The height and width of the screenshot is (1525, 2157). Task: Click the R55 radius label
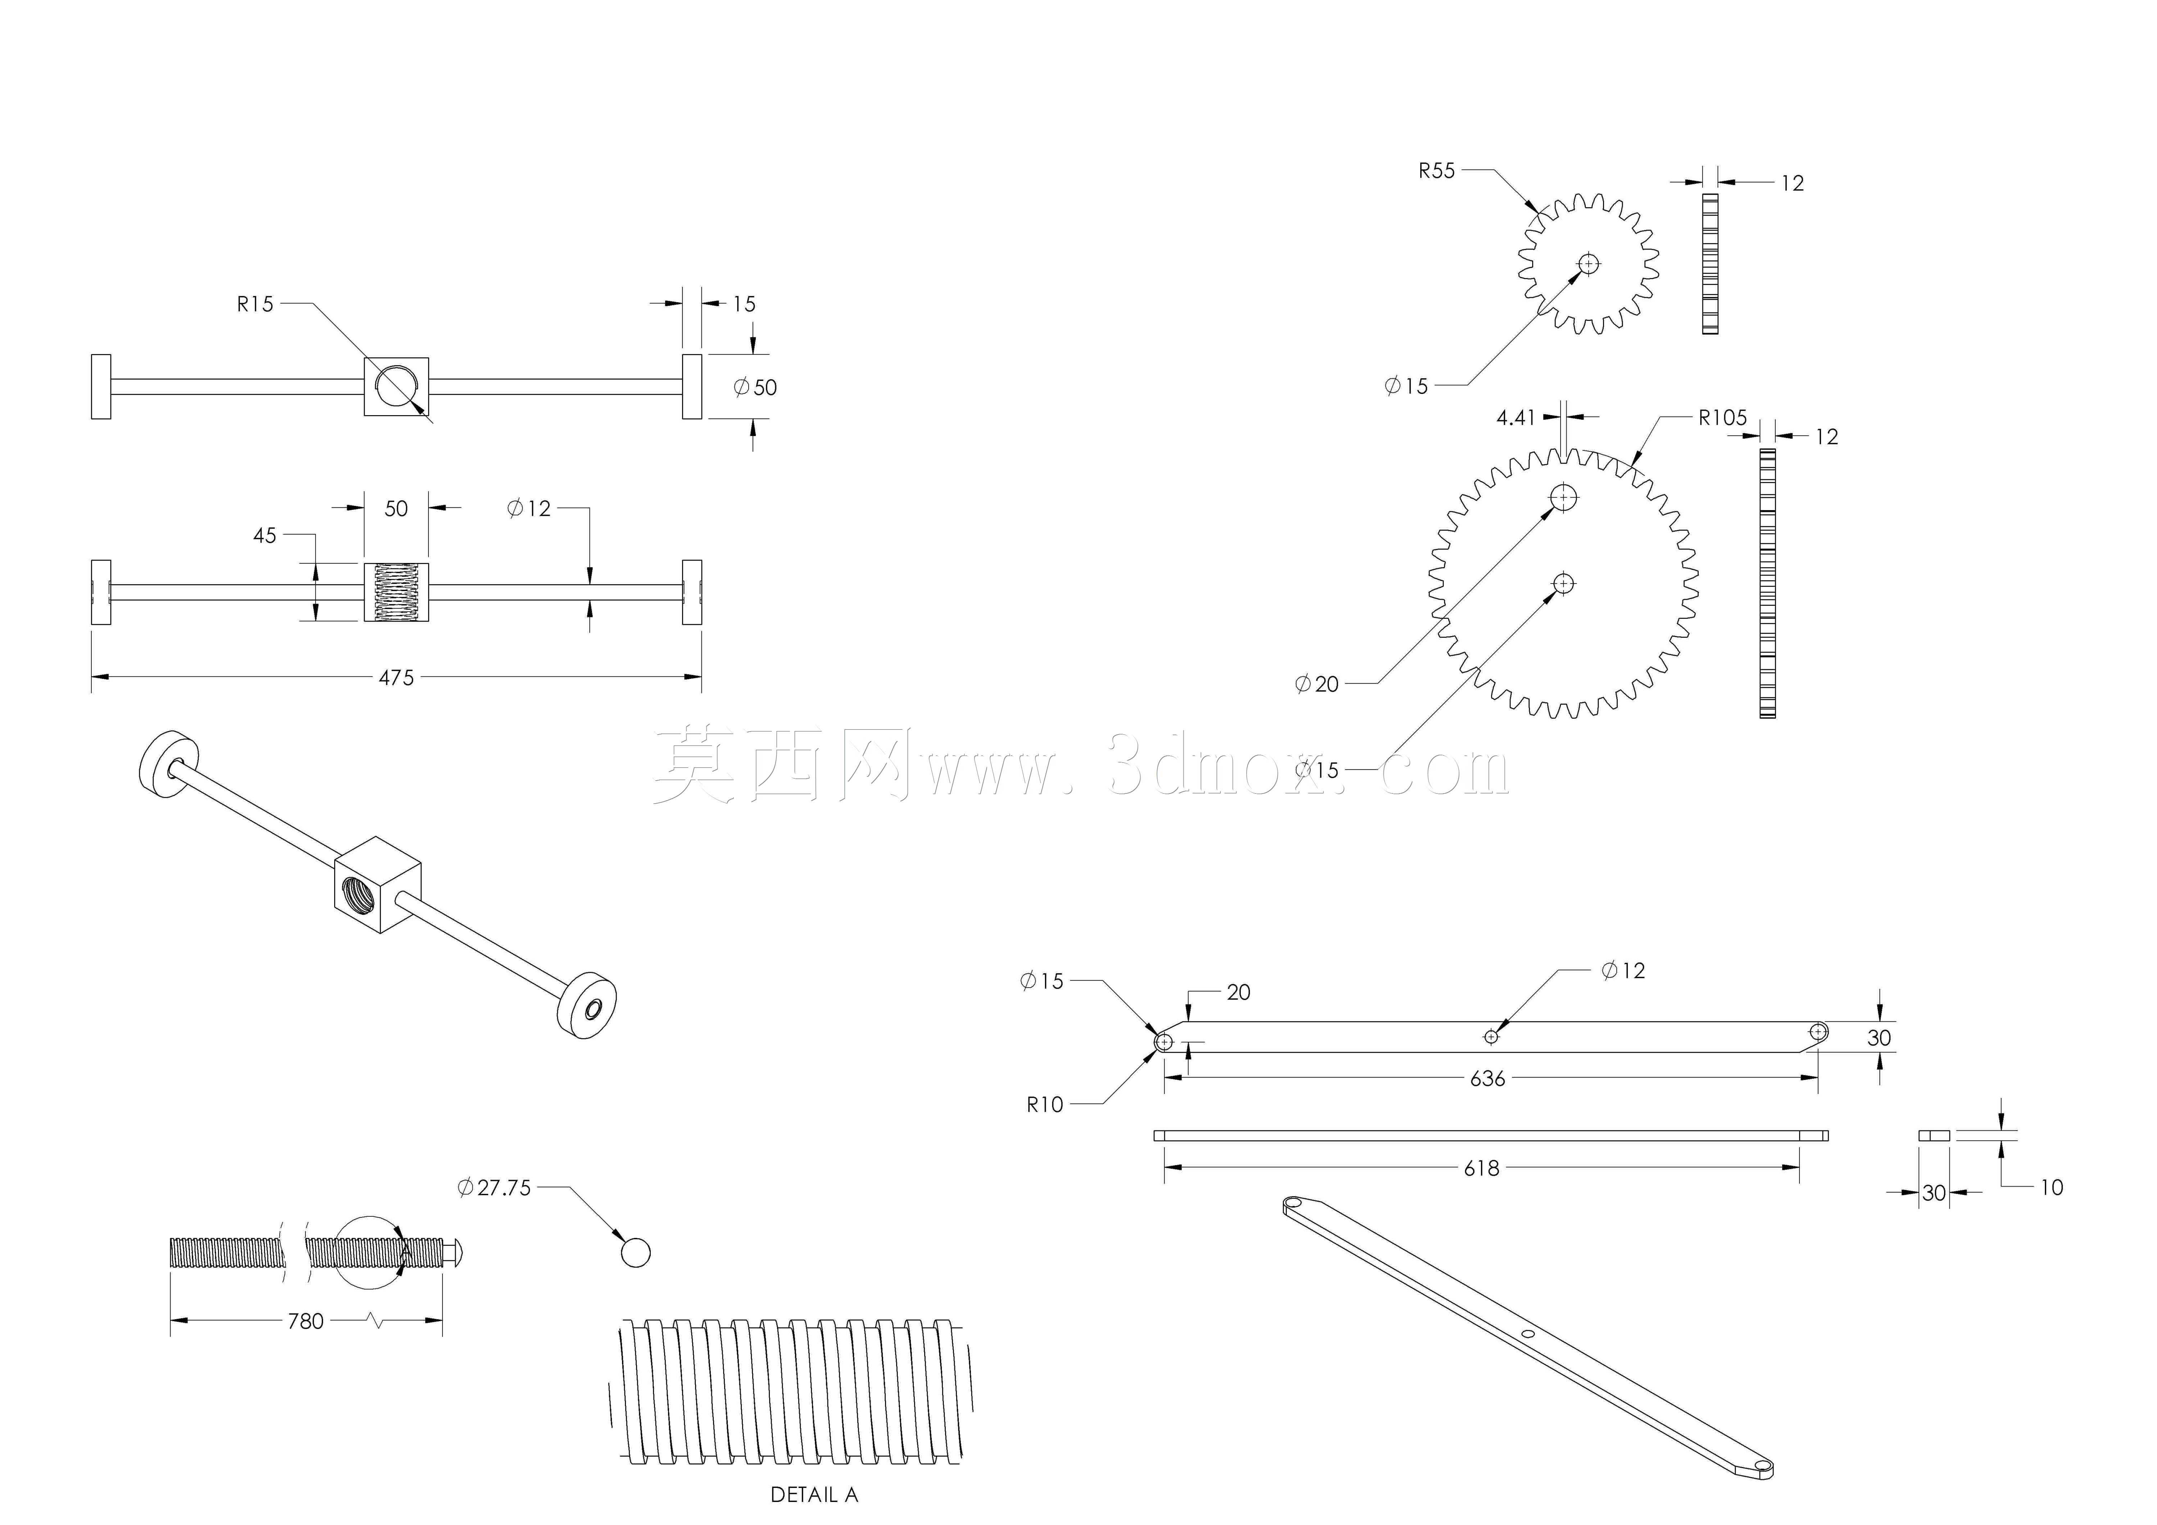(1436, 171)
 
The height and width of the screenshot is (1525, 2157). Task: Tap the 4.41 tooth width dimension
(1515, 418)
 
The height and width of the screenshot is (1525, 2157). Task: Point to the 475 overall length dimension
(395, 677)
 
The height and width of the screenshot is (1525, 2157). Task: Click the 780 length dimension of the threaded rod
(305, 1321)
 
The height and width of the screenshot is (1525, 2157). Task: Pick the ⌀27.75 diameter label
(494, 1188)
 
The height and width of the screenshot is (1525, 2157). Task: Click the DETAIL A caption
(814, 1494)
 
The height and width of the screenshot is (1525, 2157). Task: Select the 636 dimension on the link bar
(1487, 1079)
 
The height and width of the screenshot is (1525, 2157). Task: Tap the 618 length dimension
(1481, 1168)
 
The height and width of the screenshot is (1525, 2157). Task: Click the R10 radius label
(1045, 1105)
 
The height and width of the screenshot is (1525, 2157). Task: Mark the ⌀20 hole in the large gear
(1563, 497)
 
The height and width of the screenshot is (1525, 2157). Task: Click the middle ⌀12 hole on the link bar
(1491, 1036)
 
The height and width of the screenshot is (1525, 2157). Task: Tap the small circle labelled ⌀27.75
(635, 1253)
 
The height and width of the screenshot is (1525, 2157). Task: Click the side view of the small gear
(1710, 264)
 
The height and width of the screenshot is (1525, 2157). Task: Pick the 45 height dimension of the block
(265, 536)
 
